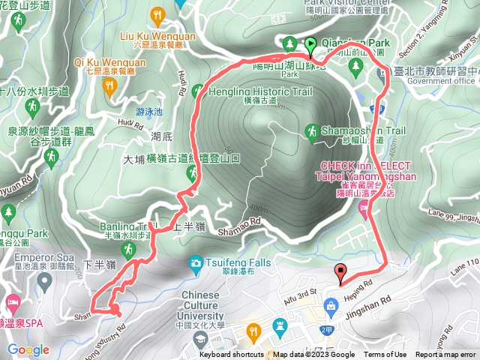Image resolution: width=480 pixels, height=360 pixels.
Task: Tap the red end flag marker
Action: pos(342,273)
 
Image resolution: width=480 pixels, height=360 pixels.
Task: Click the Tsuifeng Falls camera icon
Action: pos(196,262)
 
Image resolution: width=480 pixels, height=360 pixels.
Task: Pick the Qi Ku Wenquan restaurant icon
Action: pos(110,88)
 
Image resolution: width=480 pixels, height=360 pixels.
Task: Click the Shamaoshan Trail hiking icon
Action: pos(312,133)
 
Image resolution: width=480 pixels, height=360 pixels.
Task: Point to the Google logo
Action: pos(28,350)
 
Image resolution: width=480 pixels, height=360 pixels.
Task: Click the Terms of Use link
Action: pos(386,355)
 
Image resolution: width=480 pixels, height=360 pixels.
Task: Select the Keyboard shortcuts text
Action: pos(232,355)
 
